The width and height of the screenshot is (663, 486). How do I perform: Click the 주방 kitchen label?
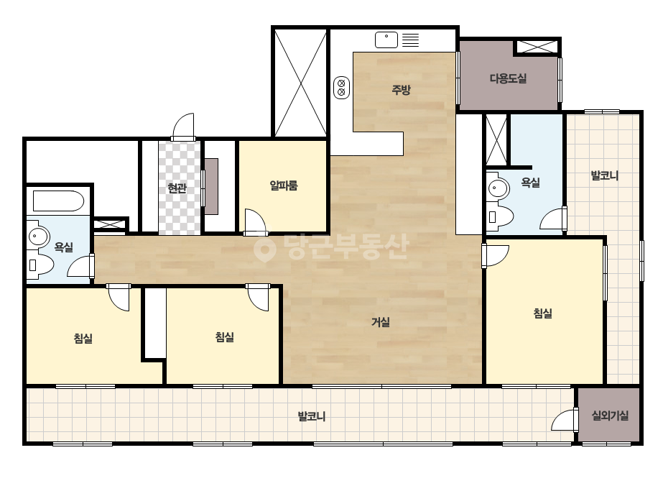coord(401,90)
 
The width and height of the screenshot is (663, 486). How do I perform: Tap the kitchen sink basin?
coord(386,40)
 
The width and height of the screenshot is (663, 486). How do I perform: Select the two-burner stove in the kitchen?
coord(341,88)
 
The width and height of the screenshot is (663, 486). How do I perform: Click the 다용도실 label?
coord(509,78)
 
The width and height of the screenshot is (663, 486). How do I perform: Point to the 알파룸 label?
coord(284,185)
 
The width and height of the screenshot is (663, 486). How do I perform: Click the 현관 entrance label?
coord(177,188)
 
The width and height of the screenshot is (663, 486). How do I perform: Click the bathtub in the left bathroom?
coord(58,201)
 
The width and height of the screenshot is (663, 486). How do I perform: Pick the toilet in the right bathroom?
coord(499,216)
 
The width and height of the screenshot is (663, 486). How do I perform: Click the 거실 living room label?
coord(381,322)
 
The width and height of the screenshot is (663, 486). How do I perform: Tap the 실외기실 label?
coord(610,416)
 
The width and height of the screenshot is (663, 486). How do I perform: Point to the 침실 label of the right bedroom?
coord(543,313)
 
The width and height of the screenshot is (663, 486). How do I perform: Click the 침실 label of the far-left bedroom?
coord(83,339)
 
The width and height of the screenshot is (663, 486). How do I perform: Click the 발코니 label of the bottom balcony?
coord(312,416)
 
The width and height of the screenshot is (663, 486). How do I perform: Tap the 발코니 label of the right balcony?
coord(605,175)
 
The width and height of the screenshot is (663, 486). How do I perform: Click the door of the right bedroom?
coord(495,256)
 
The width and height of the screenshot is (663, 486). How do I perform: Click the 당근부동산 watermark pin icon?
coord(264,249)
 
